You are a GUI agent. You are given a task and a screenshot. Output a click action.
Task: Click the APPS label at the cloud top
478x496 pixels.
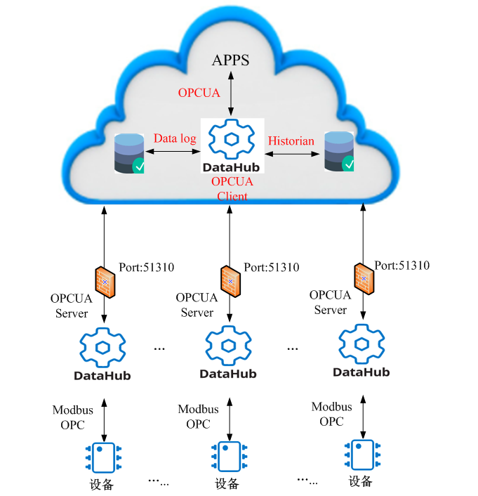tap(230, 60)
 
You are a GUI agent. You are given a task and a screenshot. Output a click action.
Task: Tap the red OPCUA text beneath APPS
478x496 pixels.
tap(199, 93)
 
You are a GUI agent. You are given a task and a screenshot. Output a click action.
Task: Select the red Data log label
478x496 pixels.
tap(175, 138)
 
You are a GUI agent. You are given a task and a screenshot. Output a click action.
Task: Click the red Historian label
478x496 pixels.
tap(291, 141)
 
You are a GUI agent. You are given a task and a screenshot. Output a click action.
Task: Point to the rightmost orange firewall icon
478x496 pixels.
tap(364, 278)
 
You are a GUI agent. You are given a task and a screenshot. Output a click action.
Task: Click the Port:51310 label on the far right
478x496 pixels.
tap(401, 266)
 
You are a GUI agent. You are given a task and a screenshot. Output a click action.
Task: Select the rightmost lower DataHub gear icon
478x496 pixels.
tap(361, 344)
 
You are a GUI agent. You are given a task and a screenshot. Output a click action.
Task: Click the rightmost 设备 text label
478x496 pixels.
tap(361, 481)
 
